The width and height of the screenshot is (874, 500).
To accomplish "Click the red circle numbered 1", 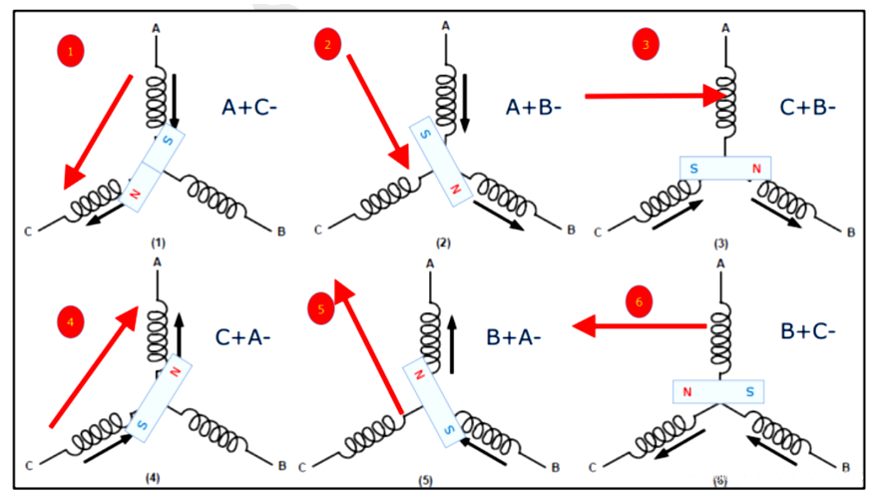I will click(x=67, y=53).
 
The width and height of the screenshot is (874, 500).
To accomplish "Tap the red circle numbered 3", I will click(x=648, y=46).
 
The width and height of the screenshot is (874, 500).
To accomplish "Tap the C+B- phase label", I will click(x=809, y=108).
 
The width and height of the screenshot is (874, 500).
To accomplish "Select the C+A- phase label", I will click(x=242, y=337).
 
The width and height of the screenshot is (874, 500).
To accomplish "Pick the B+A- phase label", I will click(x=514, y=337).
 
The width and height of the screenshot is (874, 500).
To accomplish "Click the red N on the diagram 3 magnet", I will click(x=756, y=169).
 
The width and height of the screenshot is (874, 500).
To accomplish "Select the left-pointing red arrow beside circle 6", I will click(x=640, y=325).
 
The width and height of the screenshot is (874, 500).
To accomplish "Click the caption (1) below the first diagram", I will click(x=158, y=244).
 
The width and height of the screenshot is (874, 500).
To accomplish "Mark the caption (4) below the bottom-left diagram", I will click(x=152, y=478).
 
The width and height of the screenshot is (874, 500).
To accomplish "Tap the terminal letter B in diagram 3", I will click(x=851, y=233).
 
